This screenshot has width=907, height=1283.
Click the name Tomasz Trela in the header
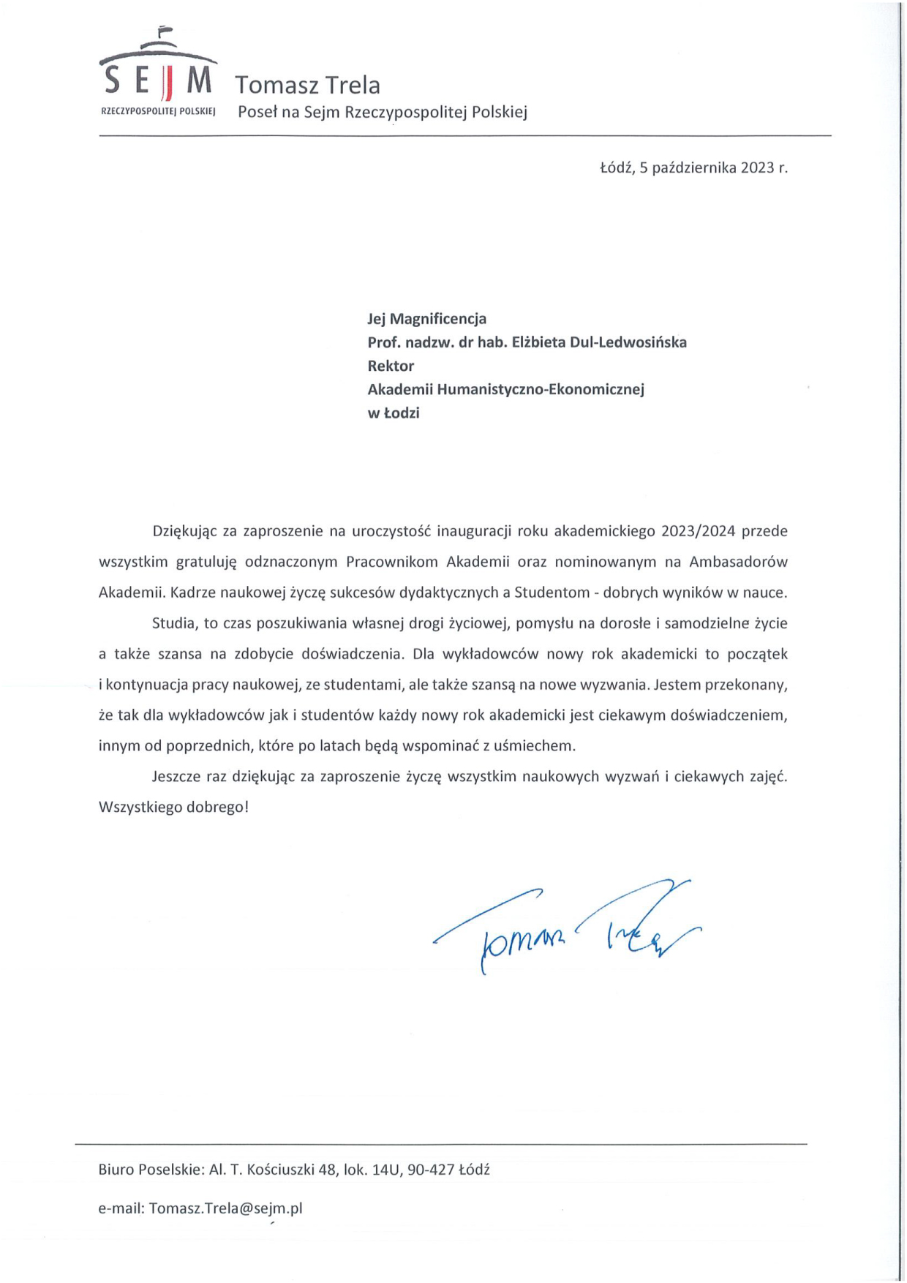tap(307, 85)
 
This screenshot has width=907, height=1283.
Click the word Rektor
tap(391, 366)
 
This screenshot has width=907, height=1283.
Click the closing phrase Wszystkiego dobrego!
tap(173, 808)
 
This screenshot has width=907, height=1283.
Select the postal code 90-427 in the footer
tap(432, 1170)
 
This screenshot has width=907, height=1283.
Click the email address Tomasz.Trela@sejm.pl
tap(225, 1208)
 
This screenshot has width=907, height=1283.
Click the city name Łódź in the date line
tap(616, 168)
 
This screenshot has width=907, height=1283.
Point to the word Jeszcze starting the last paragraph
tap(178, 777)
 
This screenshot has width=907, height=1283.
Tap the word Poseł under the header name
tap(255, 113)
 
